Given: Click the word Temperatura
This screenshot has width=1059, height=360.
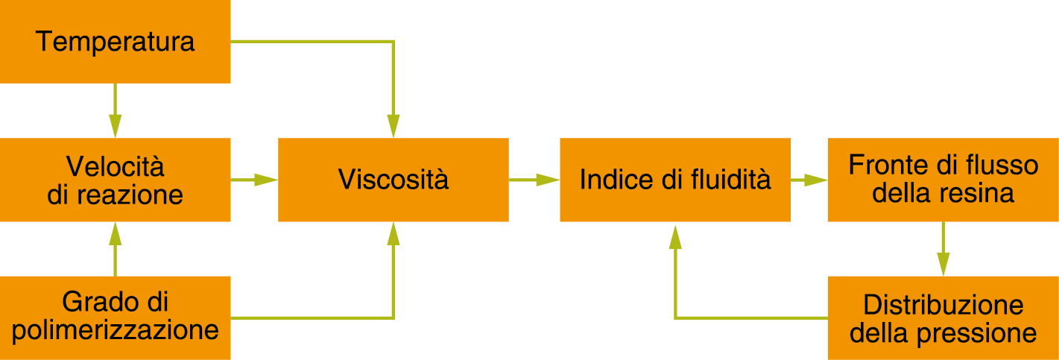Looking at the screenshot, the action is tap(115, 42).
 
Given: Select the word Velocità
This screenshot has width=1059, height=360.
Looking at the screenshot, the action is tap(115, 166).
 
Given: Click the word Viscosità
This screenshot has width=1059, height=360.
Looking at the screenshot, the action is tap(393, 180).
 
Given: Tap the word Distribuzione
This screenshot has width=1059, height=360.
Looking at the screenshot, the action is tap(943, 305).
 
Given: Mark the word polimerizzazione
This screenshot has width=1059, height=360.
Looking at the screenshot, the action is tap(115, 329).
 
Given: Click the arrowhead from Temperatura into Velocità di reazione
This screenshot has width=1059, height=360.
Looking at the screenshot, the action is tap(115, 126).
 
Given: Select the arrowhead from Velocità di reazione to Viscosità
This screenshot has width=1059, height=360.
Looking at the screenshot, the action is tap(266, 180).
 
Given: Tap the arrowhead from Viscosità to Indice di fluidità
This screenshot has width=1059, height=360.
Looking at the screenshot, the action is tap(548, 180).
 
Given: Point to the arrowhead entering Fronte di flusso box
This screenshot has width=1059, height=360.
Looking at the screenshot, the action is tap(816, 180).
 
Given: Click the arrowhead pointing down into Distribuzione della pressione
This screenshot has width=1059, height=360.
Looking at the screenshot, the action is tap(943, 265).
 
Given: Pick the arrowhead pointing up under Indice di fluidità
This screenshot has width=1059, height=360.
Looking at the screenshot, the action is tap(675, 237).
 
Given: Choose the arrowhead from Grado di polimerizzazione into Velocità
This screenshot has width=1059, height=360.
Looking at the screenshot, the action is tap(115, 234).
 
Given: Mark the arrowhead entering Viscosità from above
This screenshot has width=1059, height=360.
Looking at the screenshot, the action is tap(393, 126).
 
